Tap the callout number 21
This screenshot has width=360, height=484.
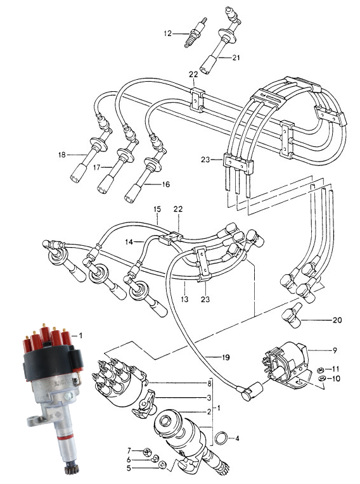click(236, 58)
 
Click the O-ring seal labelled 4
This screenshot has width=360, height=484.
click(221, 438)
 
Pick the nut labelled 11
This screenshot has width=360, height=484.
click(321, 369)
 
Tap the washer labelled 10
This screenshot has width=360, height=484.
click(321, 378)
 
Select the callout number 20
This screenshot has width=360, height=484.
click(337, 320)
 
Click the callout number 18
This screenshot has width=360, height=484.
click(62, 155)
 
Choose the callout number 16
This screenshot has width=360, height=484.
click(166, 184)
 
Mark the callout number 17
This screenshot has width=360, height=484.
click(96, 167)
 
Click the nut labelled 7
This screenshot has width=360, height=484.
click(146, 452)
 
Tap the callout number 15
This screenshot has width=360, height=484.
click(157, 209)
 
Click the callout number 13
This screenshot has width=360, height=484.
click(184, 299)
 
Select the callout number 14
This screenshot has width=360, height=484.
click(129, 242)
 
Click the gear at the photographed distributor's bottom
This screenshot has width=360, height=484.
click(72, 470)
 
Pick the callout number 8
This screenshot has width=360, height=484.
click(209, 384)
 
